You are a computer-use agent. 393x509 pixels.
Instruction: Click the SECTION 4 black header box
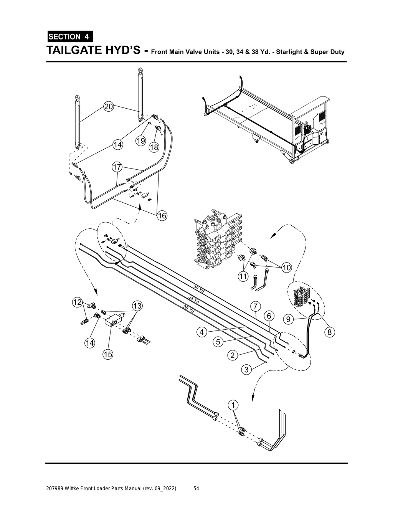coord(69,37)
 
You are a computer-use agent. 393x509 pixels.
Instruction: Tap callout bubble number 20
coord(109,107)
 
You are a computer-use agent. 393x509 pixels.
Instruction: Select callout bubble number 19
coord(141,141)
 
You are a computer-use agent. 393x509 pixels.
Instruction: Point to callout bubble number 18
coord(154,147)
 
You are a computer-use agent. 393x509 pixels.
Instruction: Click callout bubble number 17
coord(117,167)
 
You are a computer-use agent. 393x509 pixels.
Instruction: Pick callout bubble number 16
coord(162,216)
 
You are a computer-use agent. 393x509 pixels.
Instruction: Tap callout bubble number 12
coord(78,302)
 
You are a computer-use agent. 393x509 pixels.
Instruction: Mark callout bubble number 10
coord(287,267)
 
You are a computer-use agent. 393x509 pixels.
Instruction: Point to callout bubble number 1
coord(233,405)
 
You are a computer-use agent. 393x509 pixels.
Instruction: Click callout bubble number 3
coord(246,370)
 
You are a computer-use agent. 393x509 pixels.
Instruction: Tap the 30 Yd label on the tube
coord(199,289)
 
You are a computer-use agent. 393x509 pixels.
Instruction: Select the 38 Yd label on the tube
coord(189,309)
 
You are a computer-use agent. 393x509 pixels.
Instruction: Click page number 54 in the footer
coord(196,488)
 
